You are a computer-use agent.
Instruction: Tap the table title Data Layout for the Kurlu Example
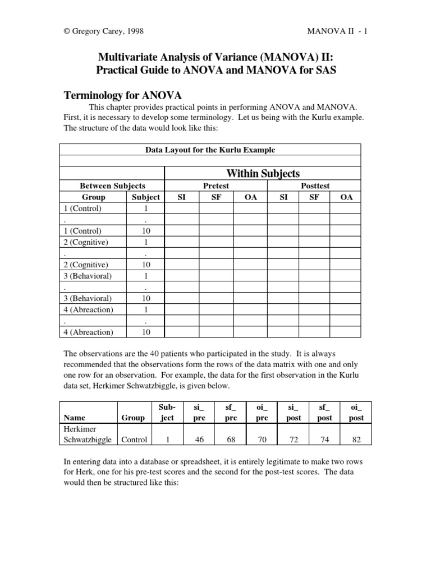coord(210,150)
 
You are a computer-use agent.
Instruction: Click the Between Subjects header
coord(112,186)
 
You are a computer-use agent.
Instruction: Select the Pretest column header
coord(215,186)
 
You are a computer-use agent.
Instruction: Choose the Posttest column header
coord(315,186)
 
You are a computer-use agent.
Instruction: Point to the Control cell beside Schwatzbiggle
coord(134,440)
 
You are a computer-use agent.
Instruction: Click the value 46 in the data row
coord(199,440)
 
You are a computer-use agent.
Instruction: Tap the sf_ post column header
coord(324,413)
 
